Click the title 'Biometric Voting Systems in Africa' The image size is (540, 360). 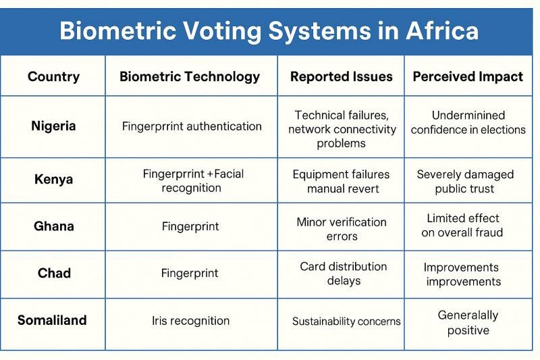click(269, 31)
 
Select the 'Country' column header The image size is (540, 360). click(53, 76)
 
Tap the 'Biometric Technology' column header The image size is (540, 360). click(190, 76)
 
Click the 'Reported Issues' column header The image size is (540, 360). click(341, 76)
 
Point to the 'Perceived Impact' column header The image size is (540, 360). click(468, 76)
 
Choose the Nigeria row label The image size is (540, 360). click(53, 126)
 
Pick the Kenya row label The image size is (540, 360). click(53, 180)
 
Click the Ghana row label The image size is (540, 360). click(53, 226)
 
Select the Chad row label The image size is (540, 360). click(53, 273)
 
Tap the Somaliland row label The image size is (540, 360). click(52, 320)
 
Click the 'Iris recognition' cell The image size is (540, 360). click(191, 321)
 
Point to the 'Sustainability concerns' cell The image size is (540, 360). click(346, 322)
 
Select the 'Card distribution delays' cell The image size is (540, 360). click(344, 273)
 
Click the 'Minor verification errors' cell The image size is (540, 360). click(342, 229)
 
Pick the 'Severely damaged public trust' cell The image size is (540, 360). click(465, 181)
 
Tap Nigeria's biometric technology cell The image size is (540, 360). click(192, 126)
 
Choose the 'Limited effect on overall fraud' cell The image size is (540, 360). click(462, 226)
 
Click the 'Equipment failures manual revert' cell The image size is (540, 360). click(341, 181)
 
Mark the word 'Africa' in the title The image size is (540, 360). click(442, 31)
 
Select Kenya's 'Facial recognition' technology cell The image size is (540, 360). click(193, 180)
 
